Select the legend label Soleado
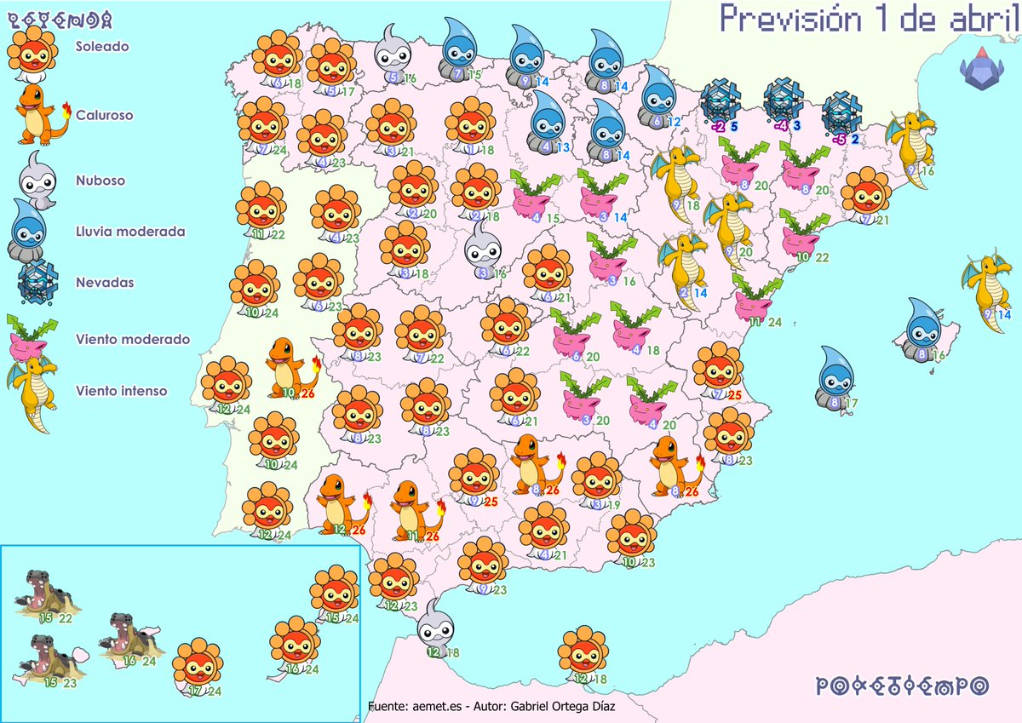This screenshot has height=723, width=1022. click(102, 47)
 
